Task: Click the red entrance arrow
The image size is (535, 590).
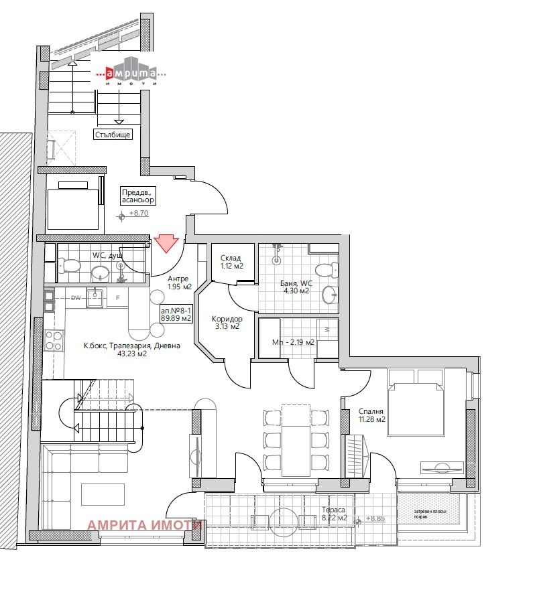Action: click(164, 243)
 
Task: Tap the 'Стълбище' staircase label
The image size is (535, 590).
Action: click(112, 134)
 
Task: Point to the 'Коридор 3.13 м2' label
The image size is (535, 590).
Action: click(227, 323)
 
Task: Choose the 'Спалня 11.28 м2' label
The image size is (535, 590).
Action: click(371, 415)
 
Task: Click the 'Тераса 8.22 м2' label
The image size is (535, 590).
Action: click(333, 513)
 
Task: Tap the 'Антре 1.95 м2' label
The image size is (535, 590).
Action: click(178, 283)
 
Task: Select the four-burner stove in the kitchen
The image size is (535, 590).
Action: click(53, 340)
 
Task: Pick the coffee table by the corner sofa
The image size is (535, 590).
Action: click(103, 494)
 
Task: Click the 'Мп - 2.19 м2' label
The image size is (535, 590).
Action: click(293, 342)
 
